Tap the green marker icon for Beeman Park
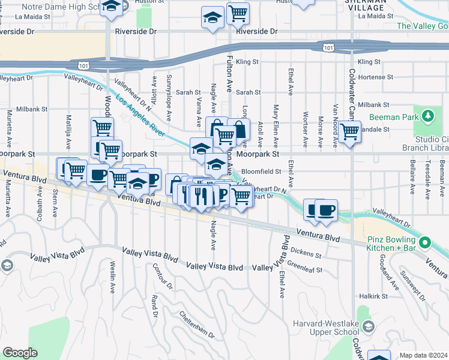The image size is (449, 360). [427, 115]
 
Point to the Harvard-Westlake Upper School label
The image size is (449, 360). [334, 326]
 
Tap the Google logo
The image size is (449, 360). [20, 353]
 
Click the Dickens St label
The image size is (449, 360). [305, 251]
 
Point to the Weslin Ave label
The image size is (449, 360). [112, 276]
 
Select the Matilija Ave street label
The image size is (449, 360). [68, 125]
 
